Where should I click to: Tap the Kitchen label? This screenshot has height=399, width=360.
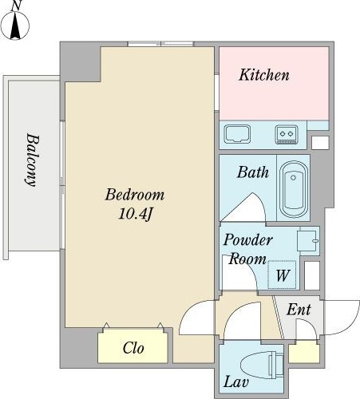click(264, 75)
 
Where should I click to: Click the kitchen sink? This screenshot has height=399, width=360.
click(237, 134)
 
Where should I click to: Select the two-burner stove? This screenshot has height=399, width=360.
click(287, 134)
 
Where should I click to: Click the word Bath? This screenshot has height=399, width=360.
click(253, 172)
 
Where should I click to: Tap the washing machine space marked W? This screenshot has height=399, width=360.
click(282, 275)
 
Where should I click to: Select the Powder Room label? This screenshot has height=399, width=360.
click(247, 249)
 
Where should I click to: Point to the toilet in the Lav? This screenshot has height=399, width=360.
click(262, 364)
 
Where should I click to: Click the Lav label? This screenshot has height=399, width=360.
click(235, 382)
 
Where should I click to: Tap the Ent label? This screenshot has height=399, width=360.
click(299, 310)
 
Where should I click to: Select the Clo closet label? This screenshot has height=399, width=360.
click(133, 348)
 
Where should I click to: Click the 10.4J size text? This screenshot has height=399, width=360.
click(136, 214)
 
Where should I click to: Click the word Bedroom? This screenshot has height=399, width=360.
click(135, 195)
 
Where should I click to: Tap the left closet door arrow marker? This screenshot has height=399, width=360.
click(106, 326)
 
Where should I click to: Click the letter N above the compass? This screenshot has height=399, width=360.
click(17, 6)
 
